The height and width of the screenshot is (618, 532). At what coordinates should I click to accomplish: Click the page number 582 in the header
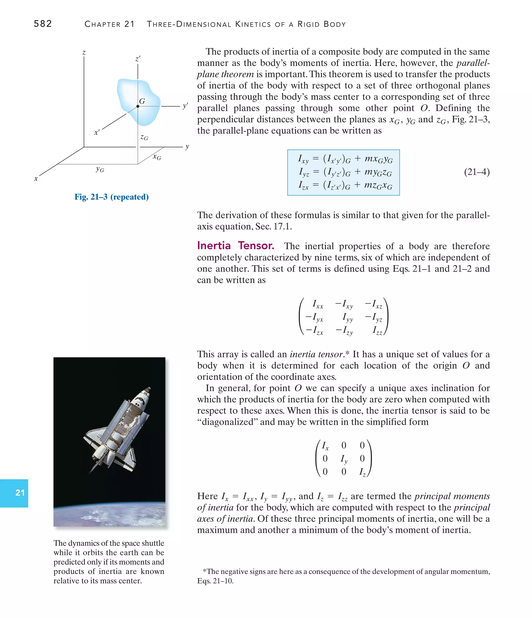[x=43, y=24]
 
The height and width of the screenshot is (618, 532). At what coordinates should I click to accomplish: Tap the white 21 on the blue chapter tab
[x=20, y=493]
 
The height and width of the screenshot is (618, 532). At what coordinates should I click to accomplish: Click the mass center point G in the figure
[x=138, y=106]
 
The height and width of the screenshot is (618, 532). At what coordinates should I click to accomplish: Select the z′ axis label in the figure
[x=138, y=59]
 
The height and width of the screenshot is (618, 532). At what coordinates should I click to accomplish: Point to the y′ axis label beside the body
[x=185, y=106]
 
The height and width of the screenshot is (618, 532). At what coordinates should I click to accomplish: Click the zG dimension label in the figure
[x=144, y=137]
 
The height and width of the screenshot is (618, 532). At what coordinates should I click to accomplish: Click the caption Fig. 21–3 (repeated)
[x=111, y=197]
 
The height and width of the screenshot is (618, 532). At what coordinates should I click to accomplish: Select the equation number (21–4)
[x=477, y=172]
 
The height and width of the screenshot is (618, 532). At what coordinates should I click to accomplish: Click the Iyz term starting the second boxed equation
[x=304, y=172]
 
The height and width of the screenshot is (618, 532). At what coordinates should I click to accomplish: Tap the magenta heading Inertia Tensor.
[x=235, y=245]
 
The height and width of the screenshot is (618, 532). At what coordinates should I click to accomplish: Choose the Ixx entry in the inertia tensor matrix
[x=318, y=304]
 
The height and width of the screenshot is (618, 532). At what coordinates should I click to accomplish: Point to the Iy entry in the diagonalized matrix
[x=344, y=459]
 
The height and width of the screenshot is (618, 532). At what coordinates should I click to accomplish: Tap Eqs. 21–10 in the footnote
[x=215, y=581]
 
